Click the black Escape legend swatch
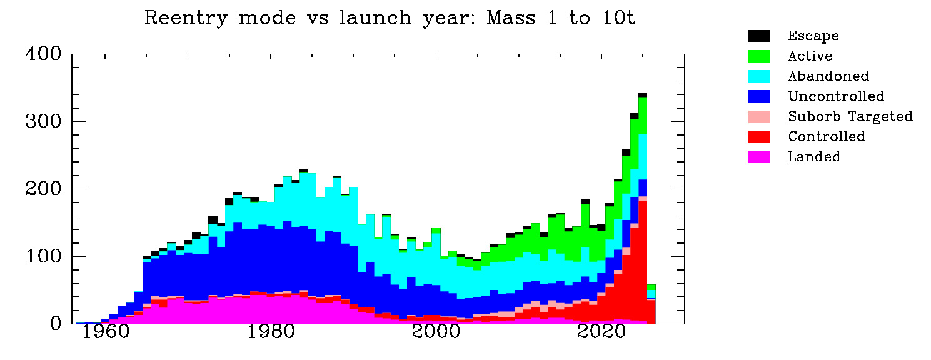[x=760, y=36]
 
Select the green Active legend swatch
[x=760, y=56]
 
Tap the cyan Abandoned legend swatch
[x=760, y=76]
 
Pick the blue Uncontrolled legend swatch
[x=760, y=96]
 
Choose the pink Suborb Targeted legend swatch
[x=760, y=116]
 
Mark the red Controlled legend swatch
[x=760, y=136]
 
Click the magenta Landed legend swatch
[x=760, y=156]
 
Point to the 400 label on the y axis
[x=43, y=54]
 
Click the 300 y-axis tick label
[x=43, y=122]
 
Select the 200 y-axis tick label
[x=43, y=189]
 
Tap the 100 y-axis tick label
[x=43, y=257]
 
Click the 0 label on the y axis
[x=56, y=324]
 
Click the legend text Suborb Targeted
[x=850, y=116]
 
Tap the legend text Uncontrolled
[x=836, y=96]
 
